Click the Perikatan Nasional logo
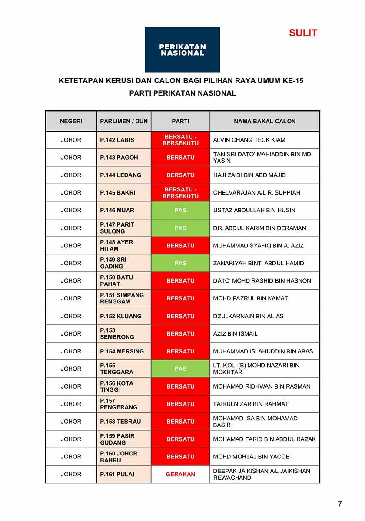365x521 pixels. pos(182,49)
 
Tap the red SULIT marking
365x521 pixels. pos(303,33)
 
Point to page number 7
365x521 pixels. pos(340,504)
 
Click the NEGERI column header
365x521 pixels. pos(71,121)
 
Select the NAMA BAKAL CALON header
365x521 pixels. pos(264,121)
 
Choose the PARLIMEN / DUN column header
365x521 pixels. pos(124,121)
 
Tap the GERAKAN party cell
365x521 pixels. pos(180,474)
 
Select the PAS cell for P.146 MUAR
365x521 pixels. pos(180,210)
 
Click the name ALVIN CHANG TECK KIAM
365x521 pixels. pos(249,140)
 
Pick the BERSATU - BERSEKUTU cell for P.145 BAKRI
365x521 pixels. pos(180,193)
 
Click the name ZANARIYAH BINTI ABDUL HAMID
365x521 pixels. pos(259,263)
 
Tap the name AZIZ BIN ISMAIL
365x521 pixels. pos(235,333)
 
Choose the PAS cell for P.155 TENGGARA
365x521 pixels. pos(180,369)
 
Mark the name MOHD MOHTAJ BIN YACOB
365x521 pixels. pos(251,457)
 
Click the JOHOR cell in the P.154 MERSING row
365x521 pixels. pos(71,351)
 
